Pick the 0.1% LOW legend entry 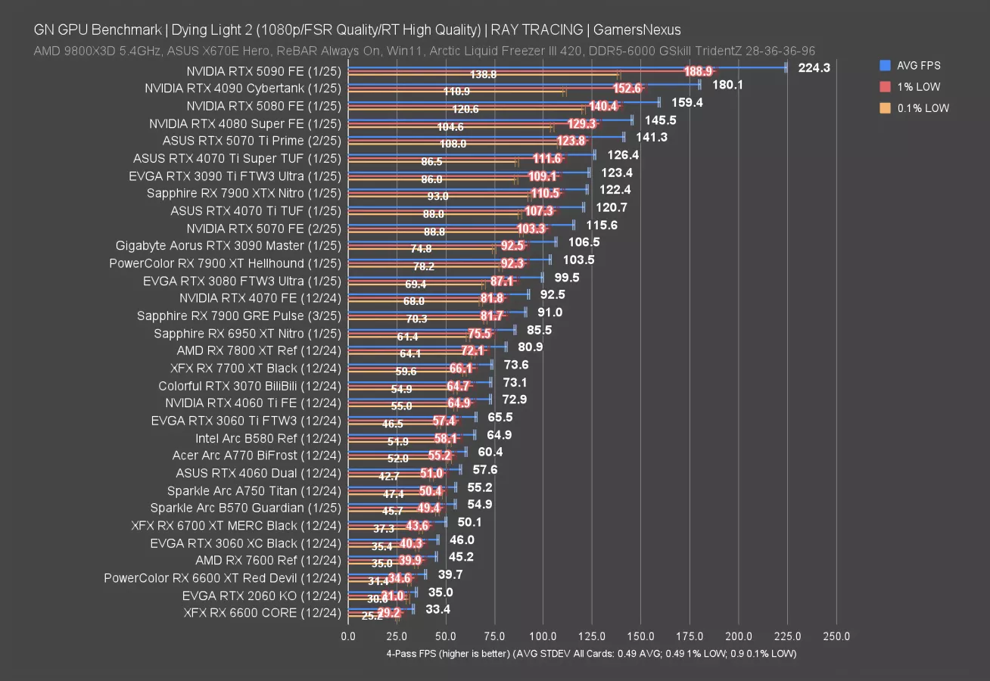click(923, 108)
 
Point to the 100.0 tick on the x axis click(543, 636)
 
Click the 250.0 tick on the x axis click(836, 636)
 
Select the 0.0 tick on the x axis click(348, 636)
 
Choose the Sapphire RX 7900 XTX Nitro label click(244, 193)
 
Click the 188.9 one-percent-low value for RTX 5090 click(698, 71)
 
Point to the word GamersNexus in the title click(637, 30)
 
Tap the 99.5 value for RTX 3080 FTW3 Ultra click(567, 278)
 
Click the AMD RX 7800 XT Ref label click(259, 350)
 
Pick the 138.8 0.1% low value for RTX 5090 click(483, 75)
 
